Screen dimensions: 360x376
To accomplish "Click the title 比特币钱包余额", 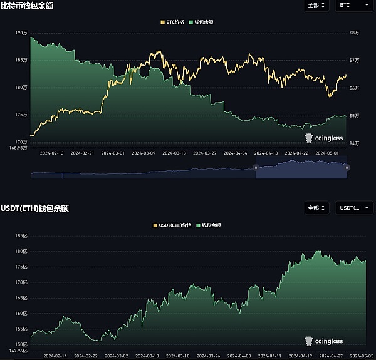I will pyautogui.click(x=26, y=6).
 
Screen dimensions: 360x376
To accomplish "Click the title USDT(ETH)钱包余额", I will pyautogui.click(x=34, y=208).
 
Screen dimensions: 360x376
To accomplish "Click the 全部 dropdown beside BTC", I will pyautogui.click(x=317, y=6).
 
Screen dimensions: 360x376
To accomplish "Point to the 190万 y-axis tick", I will pyautogui.click(x=21, y=33).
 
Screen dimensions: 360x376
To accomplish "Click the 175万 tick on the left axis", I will pyautogui.click(x=21, y=115).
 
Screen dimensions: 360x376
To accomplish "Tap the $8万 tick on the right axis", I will pyautogui.click(x=353, y=33).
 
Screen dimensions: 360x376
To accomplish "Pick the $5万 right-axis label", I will pyautogui.click(x=353, y=115).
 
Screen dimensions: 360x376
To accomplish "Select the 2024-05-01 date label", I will pyautogui.click(x=326, y=152).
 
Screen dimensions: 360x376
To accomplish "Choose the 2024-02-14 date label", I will pyautogui.click(x=55, y=356).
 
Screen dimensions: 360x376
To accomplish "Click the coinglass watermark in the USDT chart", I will pyautogui.click(x=324, y=341).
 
